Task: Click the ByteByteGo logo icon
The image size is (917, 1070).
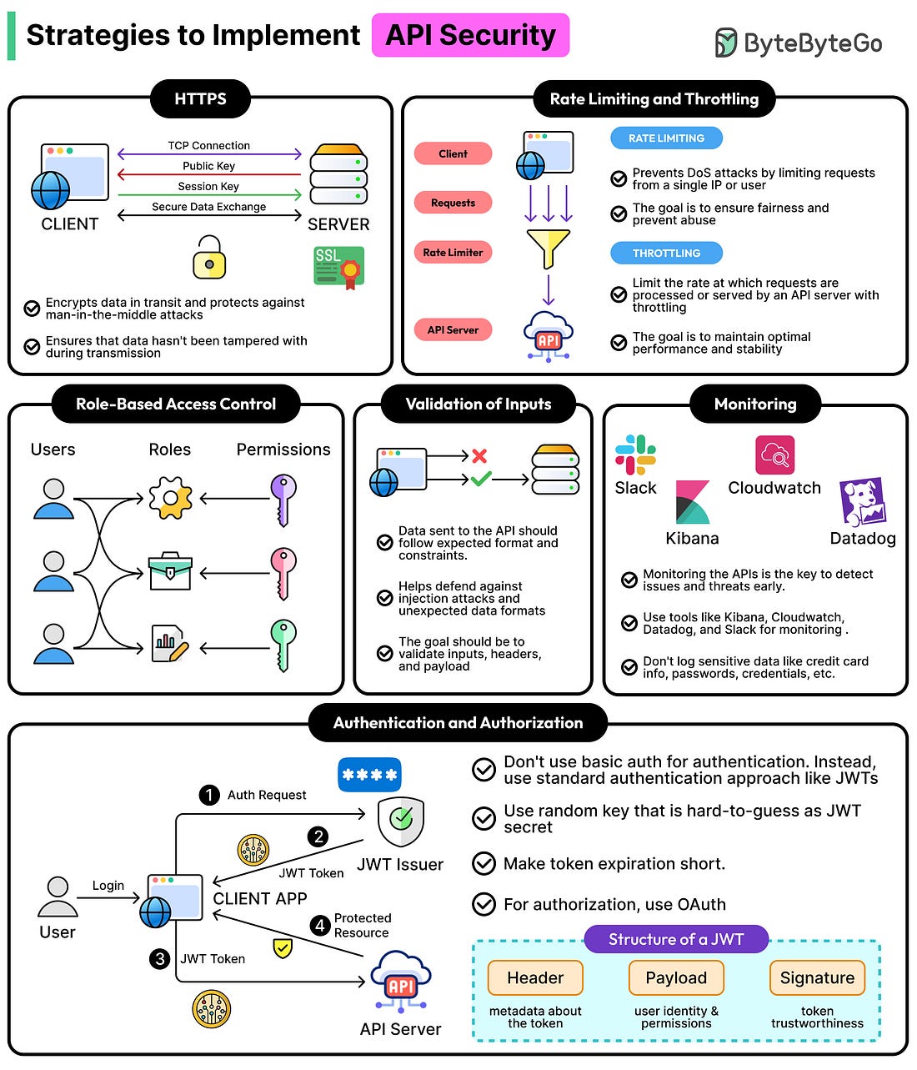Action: tap(725, 43)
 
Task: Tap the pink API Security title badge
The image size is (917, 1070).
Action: tap(470, 35)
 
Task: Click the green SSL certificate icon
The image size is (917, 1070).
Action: tap(338, 267)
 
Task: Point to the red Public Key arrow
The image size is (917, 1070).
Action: tap(208, 175)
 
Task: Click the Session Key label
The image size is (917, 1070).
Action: tap(208, 186)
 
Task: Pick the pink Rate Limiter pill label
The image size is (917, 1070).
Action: tap(453, 252)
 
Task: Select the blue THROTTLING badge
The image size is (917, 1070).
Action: tap(666, 253)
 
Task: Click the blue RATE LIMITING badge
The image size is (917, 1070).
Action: tap(666, 138)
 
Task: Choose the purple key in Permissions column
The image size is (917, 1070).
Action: tap(283, 500)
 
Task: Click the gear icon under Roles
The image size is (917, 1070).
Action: tap(170, 499)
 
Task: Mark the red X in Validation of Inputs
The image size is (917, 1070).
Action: tap(479, 455)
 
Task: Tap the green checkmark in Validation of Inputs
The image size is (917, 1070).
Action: tap(480, 479)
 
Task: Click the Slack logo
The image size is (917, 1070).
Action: tap(635, 455)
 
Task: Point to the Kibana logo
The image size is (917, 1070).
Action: tap(692, 502)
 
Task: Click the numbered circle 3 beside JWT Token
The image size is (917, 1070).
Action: tap(160, 959)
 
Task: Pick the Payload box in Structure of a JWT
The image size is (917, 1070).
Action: tap(676, 977)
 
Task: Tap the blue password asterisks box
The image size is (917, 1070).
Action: tap(369, 775)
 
